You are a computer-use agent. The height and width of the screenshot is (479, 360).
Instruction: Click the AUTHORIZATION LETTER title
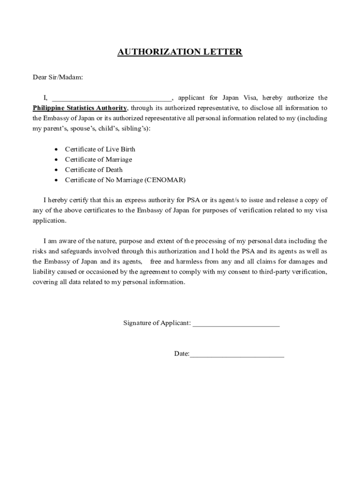click(x=180, y=52)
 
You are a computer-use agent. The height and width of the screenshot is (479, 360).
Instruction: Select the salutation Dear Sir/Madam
click(x=58, y=77)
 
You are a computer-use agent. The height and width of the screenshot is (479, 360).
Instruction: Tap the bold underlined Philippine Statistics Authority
click(x=79, y=108)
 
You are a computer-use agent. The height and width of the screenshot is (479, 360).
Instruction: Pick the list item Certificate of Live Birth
click(x=100, y=149)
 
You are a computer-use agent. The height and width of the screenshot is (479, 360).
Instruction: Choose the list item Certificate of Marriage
click(x=98, y=160)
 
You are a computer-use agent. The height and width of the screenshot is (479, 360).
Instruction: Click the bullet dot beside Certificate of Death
click(x=56, y=170)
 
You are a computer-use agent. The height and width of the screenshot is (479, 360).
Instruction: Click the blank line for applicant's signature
click(x=236, y=323)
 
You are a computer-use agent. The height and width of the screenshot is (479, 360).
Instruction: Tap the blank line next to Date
click(x=237, y=354)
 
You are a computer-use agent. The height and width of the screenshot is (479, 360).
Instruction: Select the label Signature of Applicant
click(x=157, y=323)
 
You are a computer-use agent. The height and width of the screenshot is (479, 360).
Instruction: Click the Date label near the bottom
click(x=181, y=354)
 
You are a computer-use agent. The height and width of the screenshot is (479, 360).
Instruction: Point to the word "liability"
click(x=44, y=272)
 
